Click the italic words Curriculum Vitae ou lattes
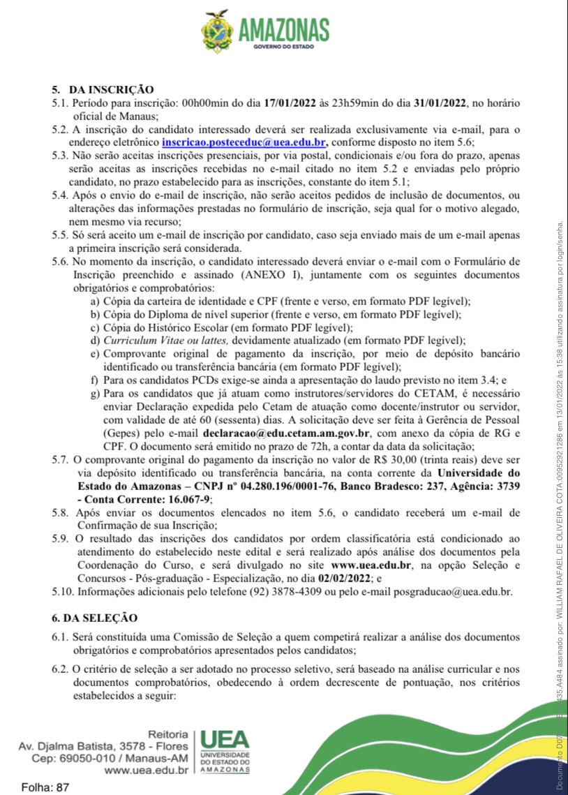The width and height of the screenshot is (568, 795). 166,341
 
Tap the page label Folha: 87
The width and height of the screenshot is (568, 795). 46,787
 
